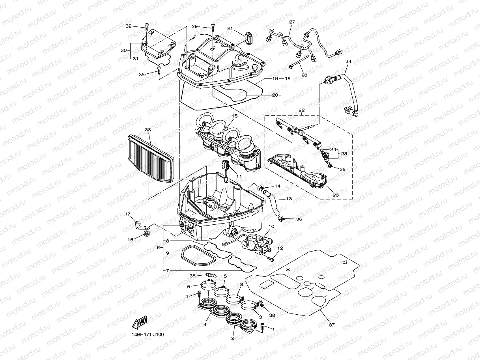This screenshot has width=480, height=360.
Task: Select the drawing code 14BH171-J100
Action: click(148, 335)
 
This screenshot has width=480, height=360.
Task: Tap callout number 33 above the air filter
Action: click(148, 129)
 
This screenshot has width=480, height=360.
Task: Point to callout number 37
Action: click(332, 325)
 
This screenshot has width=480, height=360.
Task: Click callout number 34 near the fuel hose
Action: click(348, 62)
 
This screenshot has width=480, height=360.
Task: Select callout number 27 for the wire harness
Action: click(292, 22)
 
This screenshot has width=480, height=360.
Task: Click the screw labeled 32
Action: click(146, 27)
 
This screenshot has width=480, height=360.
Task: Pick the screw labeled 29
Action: click(213, 27)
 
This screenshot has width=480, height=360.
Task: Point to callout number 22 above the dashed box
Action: click(301, 110)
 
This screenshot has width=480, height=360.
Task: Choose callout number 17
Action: click(127, 214)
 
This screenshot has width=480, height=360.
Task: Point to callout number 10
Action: click(271, 227)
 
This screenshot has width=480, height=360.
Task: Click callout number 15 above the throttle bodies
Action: click(235, 116)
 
